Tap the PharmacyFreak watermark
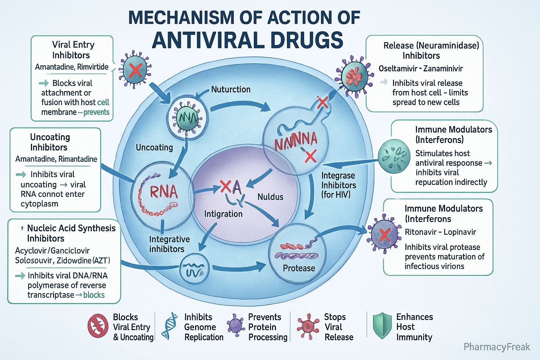pos(496,347)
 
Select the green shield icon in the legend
pos(382,326)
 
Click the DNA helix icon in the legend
pos(169,326)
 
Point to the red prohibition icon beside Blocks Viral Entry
pos(97,326)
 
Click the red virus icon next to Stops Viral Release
pos(308,326)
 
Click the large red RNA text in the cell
pos(163,192)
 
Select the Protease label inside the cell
pos(299,268)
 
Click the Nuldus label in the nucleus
pos(270,197)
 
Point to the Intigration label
pos(223,214)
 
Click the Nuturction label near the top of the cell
pos(231,89)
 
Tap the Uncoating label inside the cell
pos(154,147)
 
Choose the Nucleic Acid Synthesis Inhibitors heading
pos(71,233)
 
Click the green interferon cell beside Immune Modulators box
pos(394,155)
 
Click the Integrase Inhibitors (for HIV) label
pos(338,185)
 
